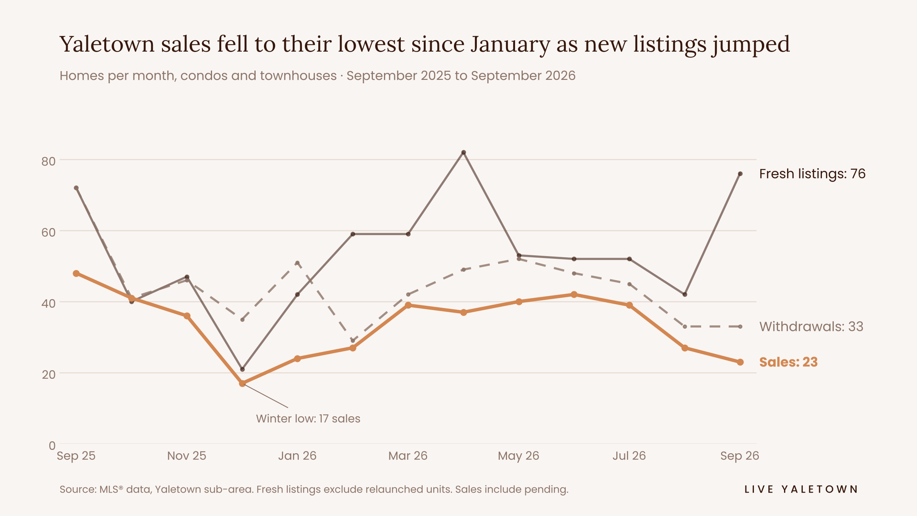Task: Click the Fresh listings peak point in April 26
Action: [463, 153]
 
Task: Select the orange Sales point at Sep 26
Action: [740, 362]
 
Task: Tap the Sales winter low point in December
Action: [242, 383]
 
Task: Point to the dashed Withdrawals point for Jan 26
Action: [297, 263]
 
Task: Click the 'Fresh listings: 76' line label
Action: [812, 174]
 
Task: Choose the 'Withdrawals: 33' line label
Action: [811, 327]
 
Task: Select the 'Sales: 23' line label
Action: [788, 362]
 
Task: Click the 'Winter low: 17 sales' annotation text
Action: [308, 419]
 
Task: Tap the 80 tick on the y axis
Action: [49, 161]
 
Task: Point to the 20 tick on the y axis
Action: [49, 375]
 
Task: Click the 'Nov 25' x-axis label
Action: [187, 456]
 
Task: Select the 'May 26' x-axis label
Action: [518, 456]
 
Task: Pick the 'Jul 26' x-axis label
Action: [629, 456]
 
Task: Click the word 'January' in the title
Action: [510, 44]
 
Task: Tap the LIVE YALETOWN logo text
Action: [801, 489]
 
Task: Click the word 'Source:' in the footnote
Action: [78, 489]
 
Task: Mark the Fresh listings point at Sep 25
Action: [76, 188]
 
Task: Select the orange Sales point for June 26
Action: [574, 295]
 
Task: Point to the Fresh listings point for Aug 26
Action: [685, 295]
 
